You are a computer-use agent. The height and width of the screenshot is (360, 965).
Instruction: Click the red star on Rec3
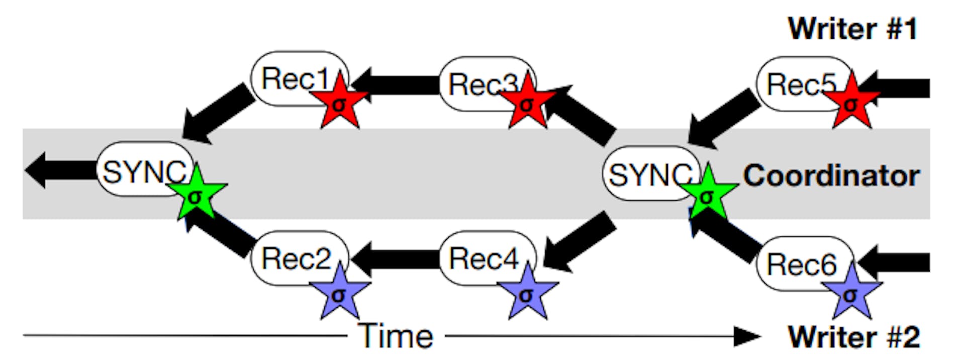tap(527, 103)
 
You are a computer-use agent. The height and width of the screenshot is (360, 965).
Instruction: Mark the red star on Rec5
tap(851, 103)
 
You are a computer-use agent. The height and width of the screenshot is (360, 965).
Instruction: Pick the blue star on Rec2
tap(339, 294)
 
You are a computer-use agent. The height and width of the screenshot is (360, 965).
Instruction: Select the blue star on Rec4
tap(527, 294)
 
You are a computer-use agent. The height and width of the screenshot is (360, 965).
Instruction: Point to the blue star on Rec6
tap(851, 294)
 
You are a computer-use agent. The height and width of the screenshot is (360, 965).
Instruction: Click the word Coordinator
tap(831, 176)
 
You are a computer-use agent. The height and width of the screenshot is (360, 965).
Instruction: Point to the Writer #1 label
tap(852, 29)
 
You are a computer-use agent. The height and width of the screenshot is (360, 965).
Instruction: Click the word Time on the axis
tap(396, 336)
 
